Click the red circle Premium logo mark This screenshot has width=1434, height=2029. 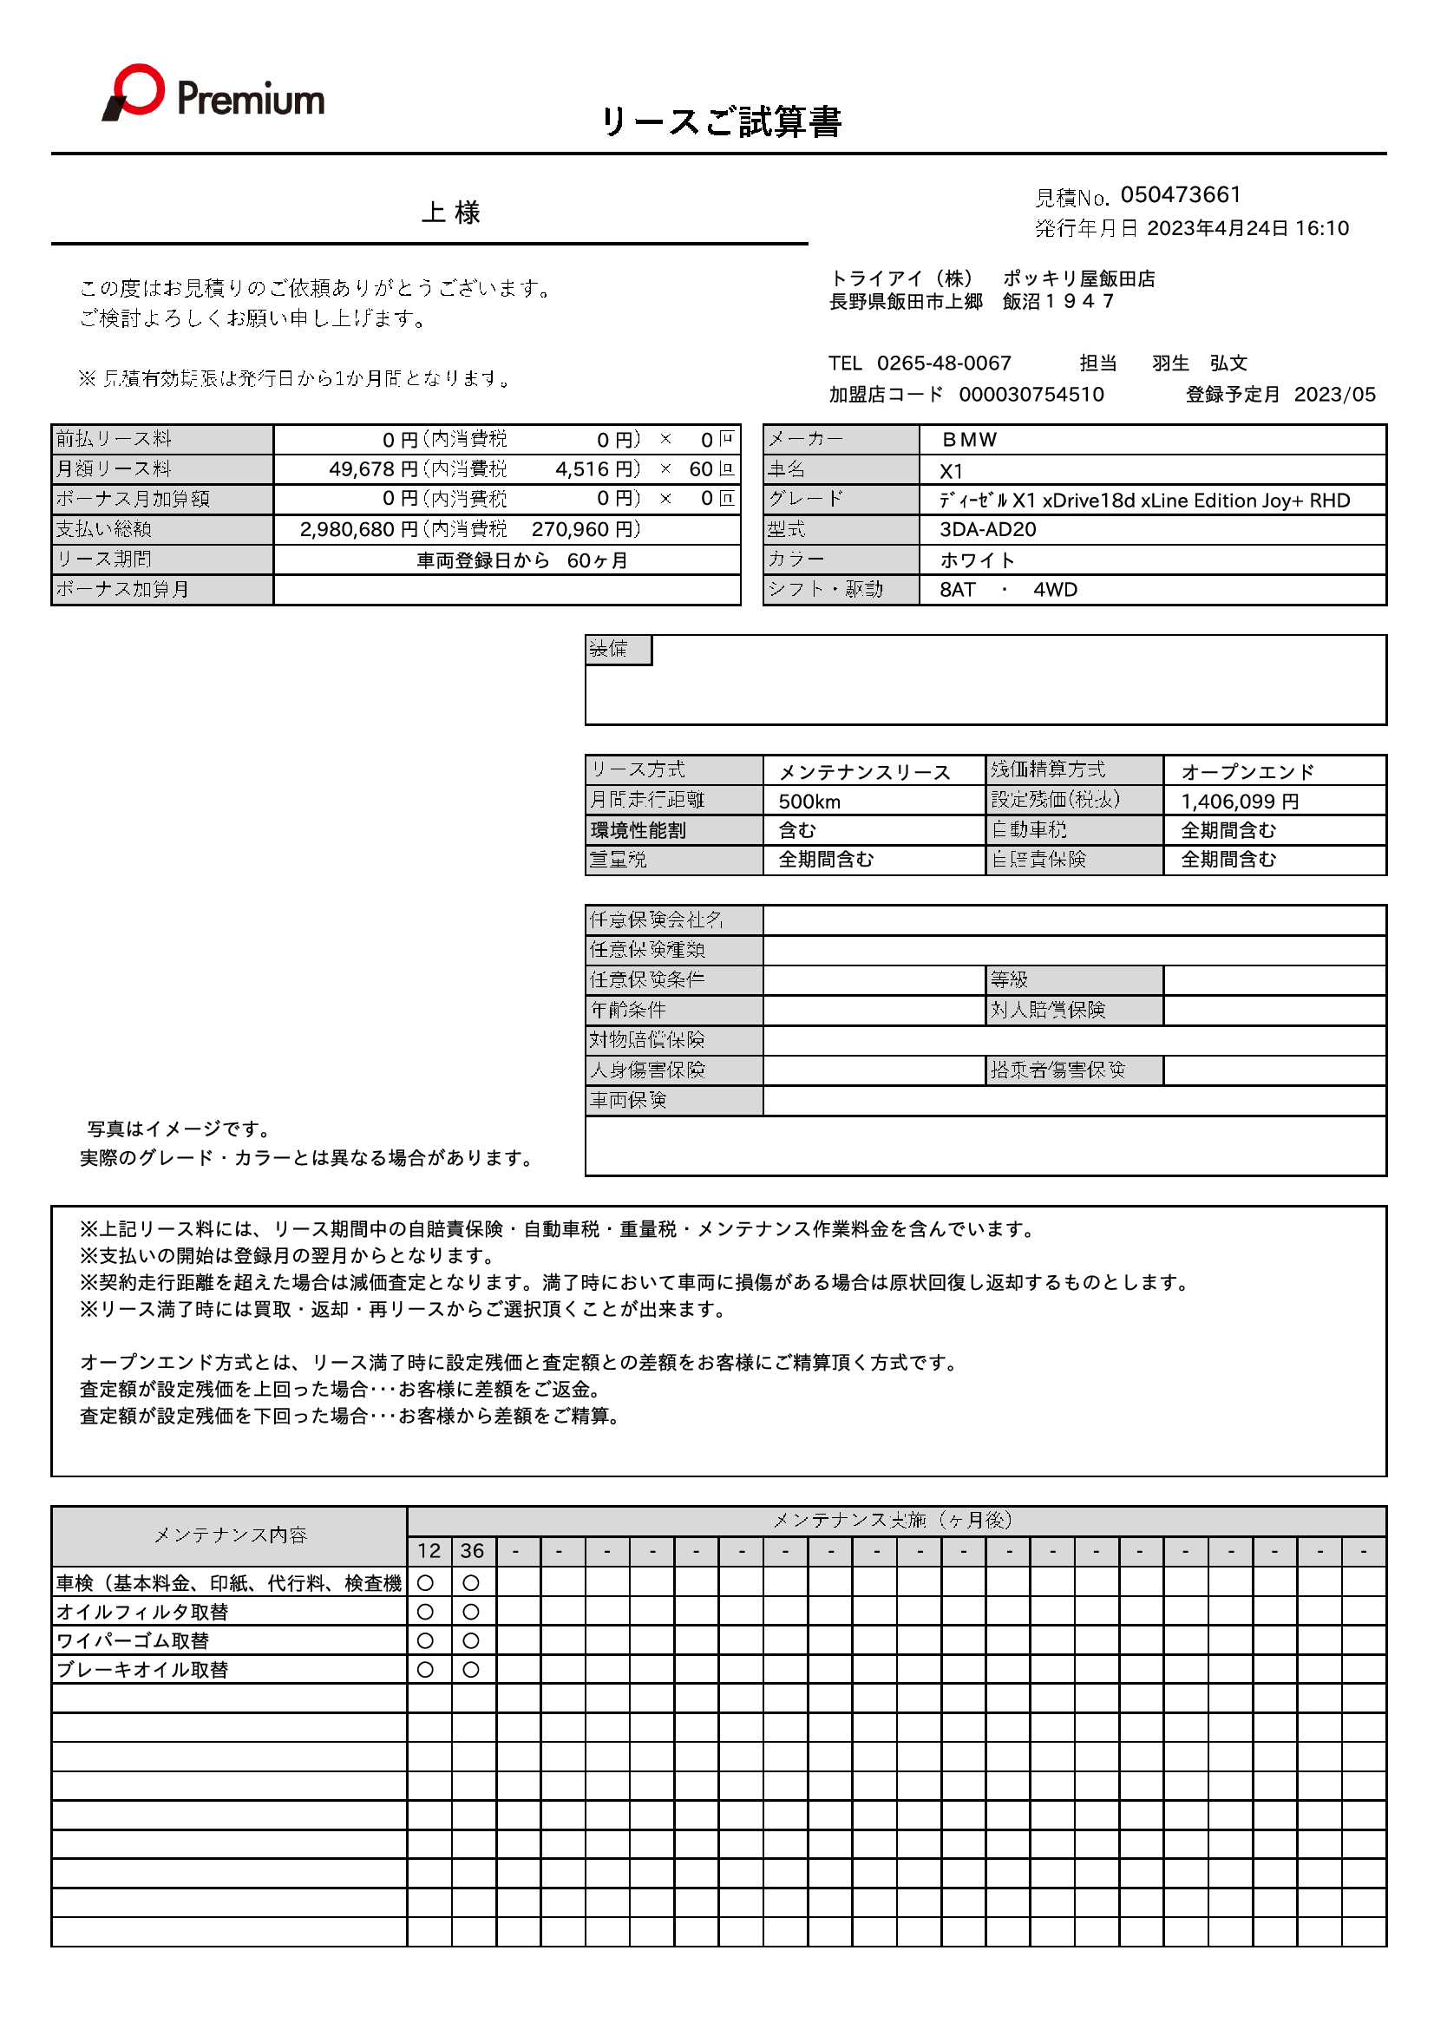(137, 90)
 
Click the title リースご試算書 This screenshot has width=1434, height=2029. (720, 122)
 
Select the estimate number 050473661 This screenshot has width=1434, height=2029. (1181, 194)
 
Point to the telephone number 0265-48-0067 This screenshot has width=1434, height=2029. (944, 363)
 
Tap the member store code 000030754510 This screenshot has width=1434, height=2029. (1031, 394)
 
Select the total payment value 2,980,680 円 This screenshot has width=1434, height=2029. (357, 529)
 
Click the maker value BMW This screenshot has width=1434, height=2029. (969, 440)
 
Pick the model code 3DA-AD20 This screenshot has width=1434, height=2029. (987, 529)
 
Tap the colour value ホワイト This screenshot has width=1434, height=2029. (977, 560)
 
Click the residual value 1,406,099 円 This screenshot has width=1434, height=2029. (1240, 802)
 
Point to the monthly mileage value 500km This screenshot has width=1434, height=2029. (809, 802)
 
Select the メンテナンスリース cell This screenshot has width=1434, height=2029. (864, 772)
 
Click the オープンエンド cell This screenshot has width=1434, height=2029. (1247, 772)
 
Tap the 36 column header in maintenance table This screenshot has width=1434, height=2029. (473, 1551)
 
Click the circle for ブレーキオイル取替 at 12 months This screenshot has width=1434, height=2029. (426, 1669)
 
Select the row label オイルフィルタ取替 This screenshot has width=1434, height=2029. (142, 1612)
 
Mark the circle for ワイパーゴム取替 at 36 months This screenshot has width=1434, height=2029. (472, 1641)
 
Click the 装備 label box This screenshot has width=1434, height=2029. (618, 650)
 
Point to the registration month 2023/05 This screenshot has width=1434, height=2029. (1334, 394)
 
